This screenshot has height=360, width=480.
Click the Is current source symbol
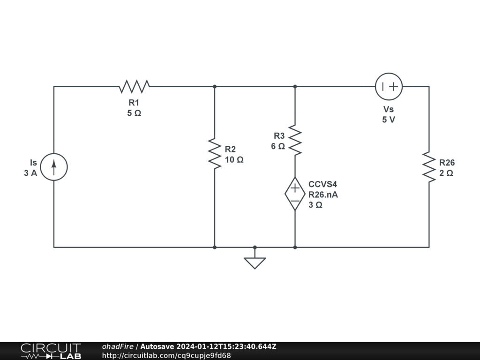click(x=54, y=167)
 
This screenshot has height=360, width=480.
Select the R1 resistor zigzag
click(x=134, y=86)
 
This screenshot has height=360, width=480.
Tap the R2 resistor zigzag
click(x=214, y=153)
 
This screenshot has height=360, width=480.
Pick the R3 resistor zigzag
click(x=295, y=140)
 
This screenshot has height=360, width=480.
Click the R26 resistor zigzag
click(x=429, y=167)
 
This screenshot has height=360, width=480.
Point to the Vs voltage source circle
click(x=389, y=87)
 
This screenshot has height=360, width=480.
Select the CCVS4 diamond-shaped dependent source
click(x=295, y=194)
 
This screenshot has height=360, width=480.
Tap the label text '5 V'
click(x=389, y=120)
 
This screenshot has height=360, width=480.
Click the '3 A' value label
click(x=30, y=173)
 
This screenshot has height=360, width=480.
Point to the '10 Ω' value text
click(x=234, y=159)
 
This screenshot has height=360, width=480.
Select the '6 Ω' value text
click(x=278, y=146)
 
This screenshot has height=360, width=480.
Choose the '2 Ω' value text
click(x=446, y=173)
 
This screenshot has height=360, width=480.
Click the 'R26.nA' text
click(x=322, y=195)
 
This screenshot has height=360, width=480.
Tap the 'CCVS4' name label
click(x=322, y=184)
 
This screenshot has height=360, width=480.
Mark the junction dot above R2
click(x=214, y=86)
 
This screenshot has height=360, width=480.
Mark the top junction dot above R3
click(x=295, y=86)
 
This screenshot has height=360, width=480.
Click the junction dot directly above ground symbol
click(x=255, y=247)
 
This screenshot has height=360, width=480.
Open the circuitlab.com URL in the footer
click(x=166, y=355)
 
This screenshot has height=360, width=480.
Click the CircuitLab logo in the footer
click(x=51, y=351)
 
